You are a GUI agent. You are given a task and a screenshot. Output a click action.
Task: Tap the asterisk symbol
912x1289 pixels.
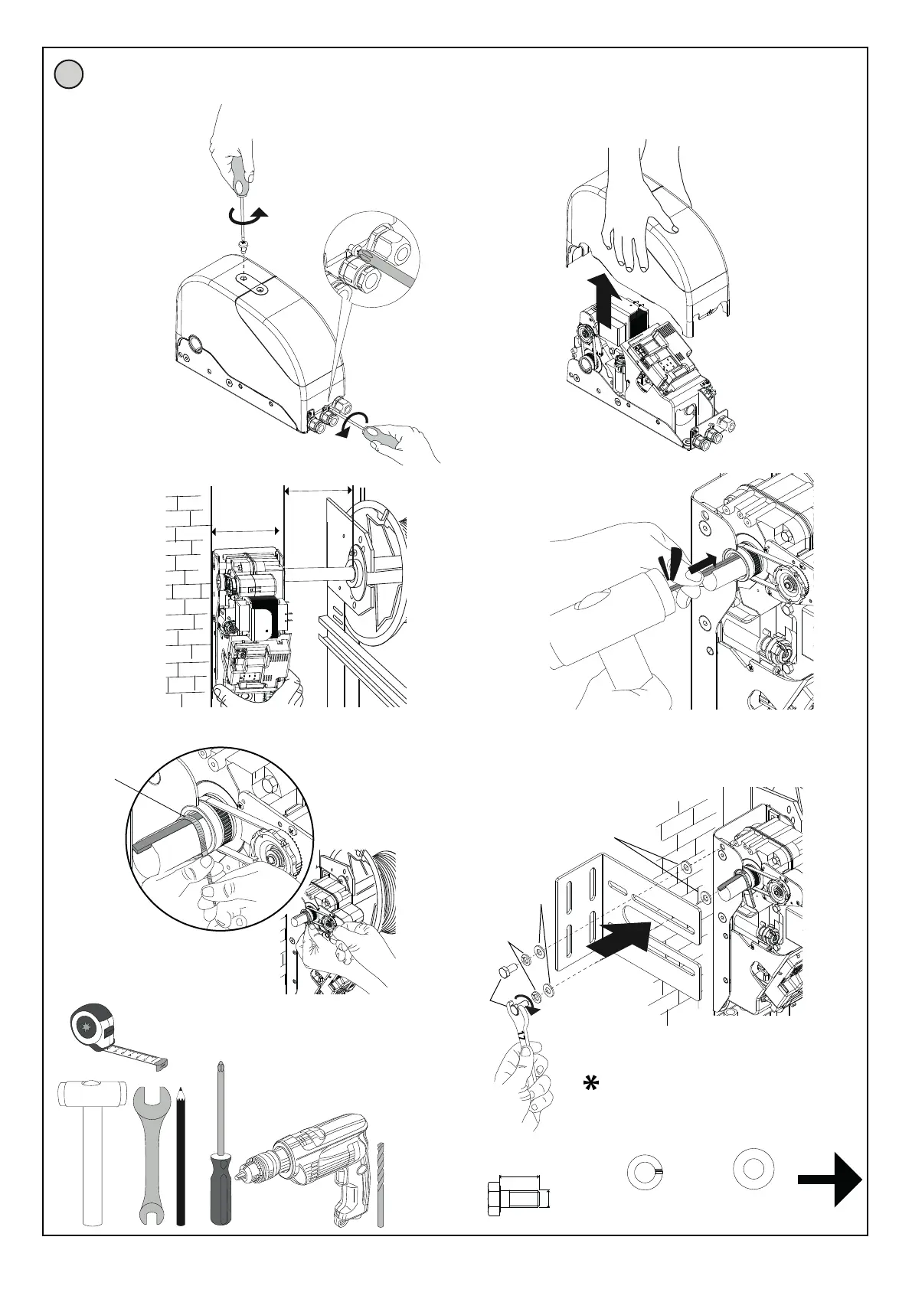[x=590, y=1084]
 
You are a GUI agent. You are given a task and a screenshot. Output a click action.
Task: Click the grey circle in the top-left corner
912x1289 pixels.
[x=69, y=75]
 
